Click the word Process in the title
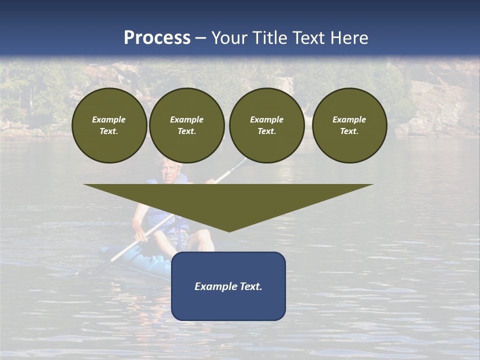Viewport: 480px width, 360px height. pos(157,38)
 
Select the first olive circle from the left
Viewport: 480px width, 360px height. pos(109,125)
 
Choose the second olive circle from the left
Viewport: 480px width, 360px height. pos(186,125)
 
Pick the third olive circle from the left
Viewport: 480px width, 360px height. pos(266,125)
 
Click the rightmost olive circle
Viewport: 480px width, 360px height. pos(349,125)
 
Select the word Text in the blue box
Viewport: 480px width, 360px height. pos(250,286)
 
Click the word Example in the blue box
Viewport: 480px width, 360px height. pos(214,286)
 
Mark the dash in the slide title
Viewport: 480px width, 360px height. pos(200,38)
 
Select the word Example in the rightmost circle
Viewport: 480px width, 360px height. pos(349,119)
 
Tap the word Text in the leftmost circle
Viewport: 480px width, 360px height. pos(108,131)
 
